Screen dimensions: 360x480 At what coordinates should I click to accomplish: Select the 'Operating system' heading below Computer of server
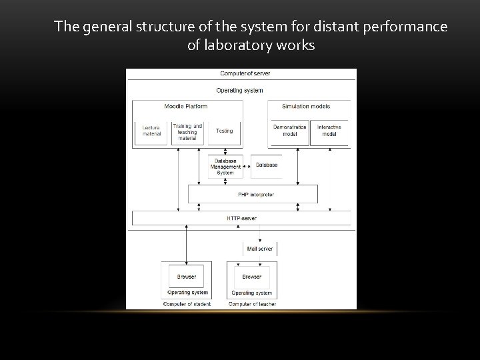click(x=240, y=90)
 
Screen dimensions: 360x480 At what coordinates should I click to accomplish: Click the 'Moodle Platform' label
click(x=185, y=107)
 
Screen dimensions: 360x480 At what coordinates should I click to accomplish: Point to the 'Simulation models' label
click(x=306, y=107)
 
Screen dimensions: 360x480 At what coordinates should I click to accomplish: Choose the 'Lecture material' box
click(x=152, y=131)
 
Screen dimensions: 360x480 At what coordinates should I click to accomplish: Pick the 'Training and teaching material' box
click(x=187, y=132)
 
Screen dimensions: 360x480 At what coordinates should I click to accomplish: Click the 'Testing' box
click(x=225, y=131)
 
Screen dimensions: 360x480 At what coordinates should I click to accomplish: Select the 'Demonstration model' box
click(x=290, y=131)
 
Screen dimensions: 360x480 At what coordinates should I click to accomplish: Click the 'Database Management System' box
click(x=225, y=167)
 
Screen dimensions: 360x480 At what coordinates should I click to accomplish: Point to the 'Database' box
click(x=267, y=165)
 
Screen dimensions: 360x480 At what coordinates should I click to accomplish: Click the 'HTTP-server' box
click(x=241, y=218)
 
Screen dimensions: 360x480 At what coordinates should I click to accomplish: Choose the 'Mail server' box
click(x=259, y=249)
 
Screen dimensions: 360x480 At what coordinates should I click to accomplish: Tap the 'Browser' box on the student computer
click(x=187, y=277)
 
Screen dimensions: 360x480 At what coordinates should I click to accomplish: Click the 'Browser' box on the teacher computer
click(x=252, y=277)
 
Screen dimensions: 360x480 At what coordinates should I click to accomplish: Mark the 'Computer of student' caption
click(x=187, y=304)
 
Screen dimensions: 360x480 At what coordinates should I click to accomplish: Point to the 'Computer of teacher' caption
click(x=252, y=304)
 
